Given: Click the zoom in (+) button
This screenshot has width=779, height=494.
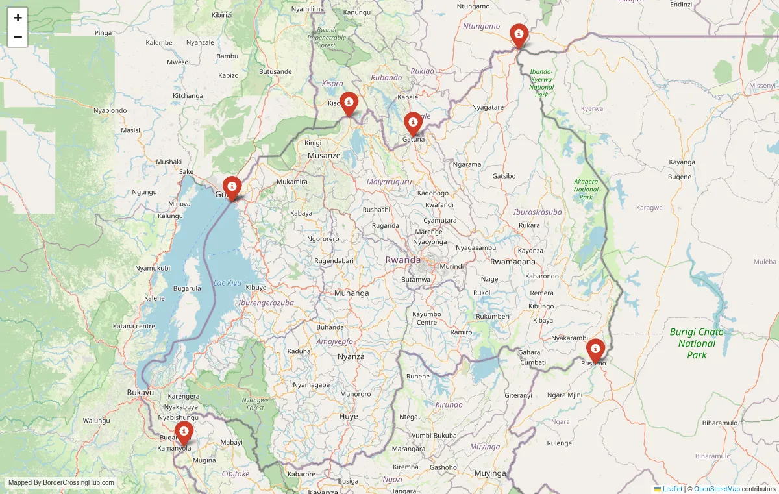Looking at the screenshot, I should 18,18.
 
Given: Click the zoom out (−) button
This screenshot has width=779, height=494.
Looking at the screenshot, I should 18,37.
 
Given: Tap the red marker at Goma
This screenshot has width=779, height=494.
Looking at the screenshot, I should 232,188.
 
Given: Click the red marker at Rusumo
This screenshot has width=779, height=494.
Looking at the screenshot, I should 595,350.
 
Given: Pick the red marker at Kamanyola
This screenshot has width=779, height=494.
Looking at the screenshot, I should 184,432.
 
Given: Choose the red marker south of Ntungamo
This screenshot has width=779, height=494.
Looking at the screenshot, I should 519,35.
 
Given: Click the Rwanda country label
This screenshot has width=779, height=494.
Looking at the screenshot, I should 403,260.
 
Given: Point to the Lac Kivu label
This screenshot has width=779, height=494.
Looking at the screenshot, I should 227,283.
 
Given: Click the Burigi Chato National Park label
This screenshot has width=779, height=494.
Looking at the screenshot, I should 697,343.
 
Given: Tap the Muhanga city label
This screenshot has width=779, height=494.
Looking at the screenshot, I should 351,293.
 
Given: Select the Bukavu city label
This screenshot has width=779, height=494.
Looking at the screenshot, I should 140,393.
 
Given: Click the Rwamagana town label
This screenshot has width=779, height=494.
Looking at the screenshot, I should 513,262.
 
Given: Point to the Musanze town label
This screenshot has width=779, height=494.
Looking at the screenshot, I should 324,156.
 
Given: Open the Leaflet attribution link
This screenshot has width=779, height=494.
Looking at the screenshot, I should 672,489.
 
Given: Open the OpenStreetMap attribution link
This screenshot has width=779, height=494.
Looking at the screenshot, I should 717,489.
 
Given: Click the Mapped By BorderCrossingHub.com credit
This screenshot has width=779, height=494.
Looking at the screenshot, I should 61,483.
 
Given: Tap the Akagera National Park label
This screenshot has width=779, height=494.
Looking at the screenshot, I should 586,189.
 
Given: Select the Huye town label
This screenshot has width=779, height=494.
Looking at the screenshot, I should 349,416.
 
